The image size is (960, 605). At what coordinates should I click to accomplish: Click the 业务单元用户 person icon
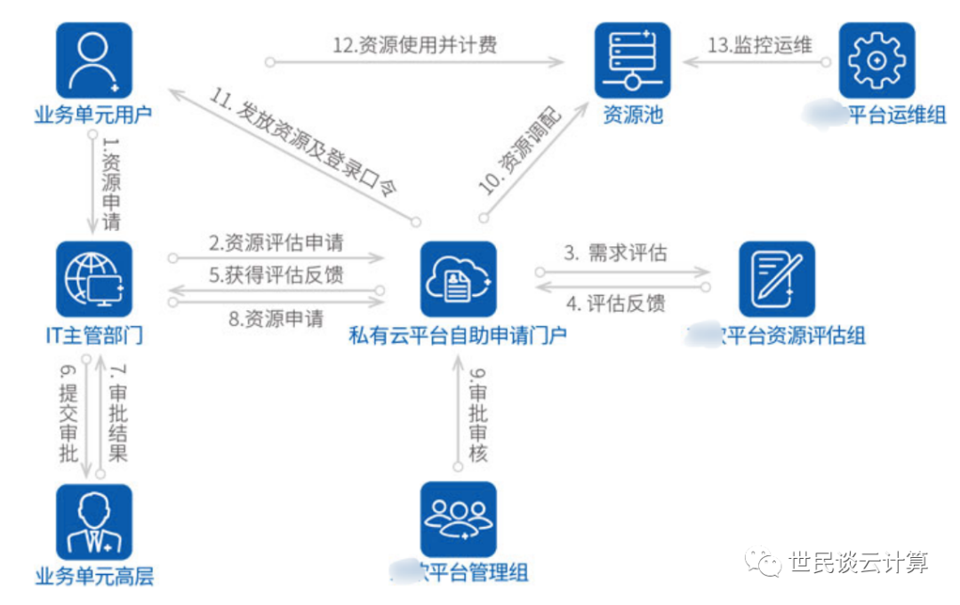pos(93,60)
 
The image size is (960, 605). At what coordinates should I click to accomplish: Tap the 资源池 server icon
pos(632,60)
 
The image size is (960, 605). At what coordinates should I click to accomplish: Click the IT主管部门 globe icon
pos(93,279)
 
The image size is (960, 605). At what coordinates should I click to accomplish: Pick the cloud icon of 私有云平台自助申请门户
pos(458,279)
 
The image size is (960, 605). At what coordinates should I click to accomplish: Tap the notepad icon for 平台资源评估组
pos(776,279)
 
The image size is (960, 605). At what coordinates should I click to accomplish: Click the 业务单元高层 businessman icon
pos(93,521)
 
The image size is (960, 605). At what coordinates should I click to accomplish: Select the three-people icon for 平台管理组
pos(458,520)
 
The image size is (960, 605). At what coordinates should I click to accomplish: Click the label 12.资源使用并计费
pos(415,46)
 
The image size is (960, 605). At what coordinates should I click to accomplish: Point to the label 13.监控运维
pos(760,45)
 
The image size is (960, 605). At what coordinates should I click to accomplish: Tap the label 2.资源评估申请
pos(276,242)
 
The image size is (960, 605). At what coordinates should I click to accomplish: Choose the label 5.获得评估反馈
pos(276,275)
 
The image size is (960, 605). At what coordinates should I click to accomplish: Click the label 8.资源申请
pos(276,318)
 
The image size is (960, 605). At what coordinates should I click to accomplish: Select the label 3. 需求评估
pos(615,252)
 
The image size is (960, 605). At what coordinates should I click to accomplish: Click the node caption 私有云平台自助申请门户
pos(458,335)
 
